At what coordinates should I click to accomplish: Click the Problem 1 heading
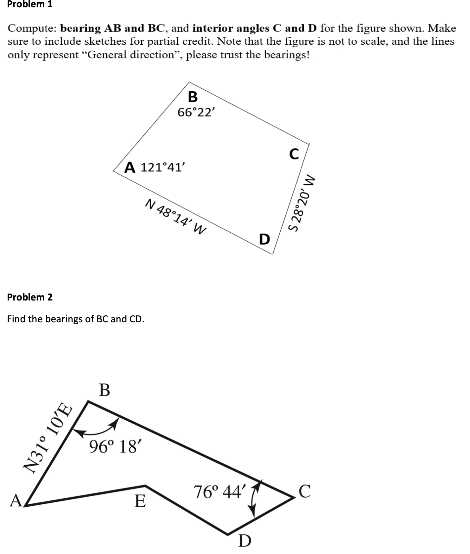(30, 5)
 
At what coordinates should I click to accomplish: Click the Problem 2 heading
(30, 297)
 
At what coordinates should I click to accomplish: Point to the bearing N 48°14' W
(176, 216)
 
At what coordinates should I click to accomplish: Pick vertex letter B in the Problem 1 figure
(193, 97)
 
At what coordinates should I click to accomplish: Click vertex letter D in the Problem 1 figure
(264, 239)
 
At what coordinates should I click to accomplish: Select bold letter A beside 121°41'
(130, 167)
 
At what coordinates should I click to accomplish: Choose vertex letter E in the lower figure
(140, 501)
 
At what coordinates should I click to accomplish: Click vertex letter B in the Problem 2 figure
(105, 390)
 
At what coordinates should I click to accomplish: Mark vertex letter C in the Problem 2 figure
(305, 491)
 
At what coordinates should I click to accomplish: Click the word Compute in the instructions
(31, 28)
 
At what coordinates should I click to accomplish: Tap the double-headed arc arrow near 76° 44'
(255, 499)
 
